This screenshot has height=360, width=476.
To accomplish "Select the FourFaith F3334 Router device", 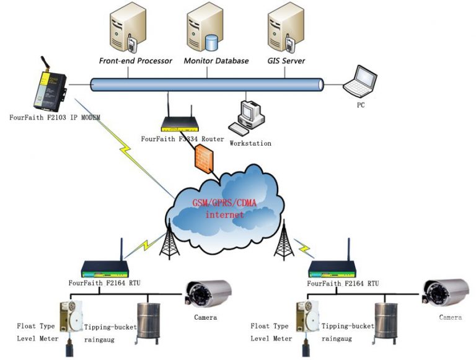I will point(179,122).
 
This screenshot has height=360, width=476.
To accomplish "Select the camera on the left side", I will point(208,292).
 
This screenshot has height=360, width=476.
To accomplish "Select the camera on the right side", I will point(446,292).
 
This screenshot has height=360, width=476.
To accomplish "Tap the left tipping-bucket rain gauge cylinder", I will point(148,320).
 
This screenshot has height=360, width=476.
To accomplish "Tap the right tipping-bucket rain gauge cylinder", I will point(385,320).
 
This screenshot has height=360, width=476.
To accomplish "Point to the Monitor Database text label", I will point(216,61).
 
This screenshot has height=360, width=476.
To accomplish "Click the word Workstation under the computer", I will point(250,143).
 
